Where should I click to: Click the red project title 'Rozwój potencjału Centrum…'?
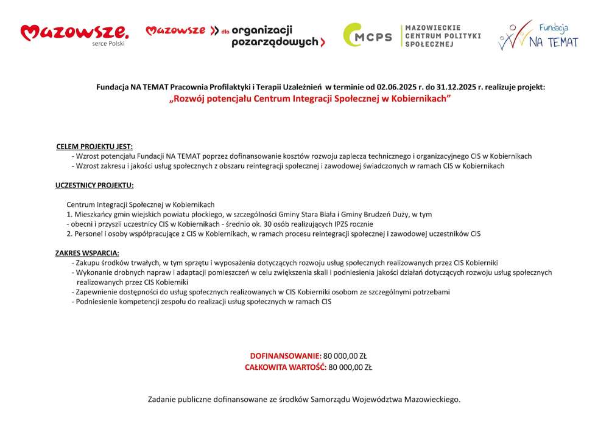click(x=310, y=98)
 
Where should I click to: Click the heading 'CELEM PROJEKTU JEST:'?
click(x=94, y=147)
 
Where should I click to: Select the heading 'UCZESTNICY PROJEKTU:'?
click(x=94, y=186)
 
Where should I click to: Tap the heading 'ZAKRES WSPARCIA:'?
click(x=87, y=253)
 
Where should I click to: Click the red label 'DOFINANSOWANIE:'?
click(x=285, y=356)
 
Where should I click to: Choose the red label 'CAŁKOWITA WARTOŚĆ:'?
click(x=286, y=367)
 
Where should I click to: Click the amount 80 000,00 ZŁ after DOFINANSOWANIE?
click(x=345, y=356)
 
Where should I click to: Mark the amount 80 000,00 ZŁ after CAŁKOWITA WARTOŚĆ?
click(x=350, y=367)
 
